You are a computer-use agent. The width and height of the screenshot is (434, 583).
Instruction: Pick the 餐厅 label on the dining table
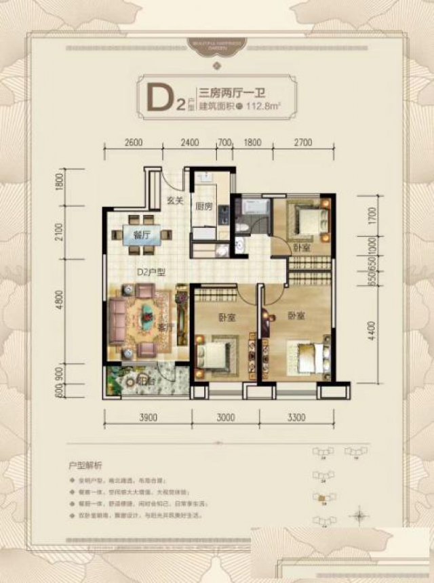[142, 235]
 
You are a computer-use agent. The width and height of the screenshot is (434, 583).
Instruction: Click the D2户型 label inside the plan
[152, 273]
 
